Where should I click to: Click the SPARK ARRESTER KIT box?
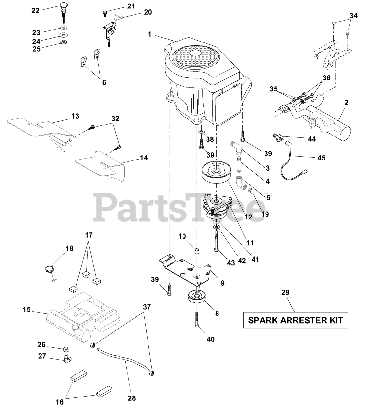click(x=296, y=320)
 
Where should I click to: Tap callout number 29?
click(x=285, y=292)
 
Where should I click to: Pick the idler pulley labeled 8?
click(x=195, y=297)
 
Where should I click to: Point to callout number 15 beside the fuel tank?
click(x=27, y=310)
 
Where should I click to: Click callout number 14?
click(x=144, y=158)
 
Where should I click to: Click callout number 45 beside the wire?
click(x=321, y=158)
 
